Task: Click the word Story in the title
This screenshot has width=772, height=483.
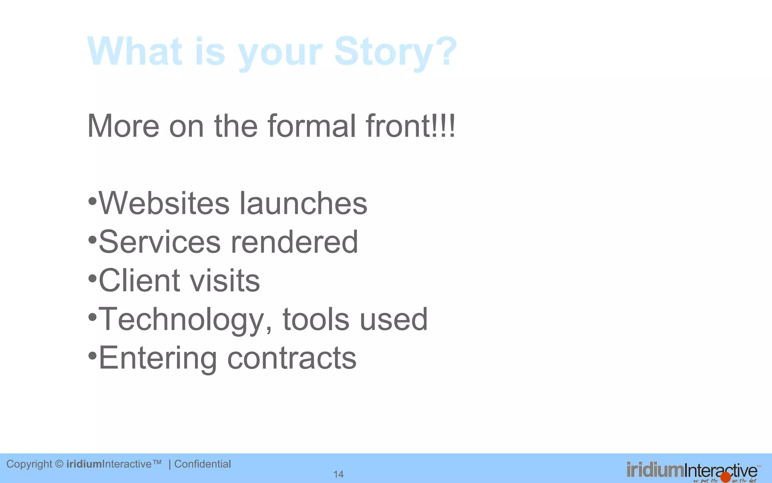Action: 384,52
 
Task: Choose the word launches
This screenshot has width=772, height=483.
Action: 303,203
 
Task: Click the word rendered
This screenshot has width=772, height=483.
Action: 294,242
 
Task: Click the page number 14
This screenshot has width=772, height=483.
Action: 339,474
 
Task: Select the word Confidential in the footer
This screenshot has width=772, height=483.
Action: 202,464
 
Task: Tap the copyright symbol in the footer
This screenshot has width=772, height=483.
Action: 59,464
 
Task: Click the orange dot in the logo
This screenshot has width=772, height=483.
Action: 725,477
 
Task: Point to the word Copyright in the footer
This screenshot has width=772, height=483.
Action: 29,464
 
